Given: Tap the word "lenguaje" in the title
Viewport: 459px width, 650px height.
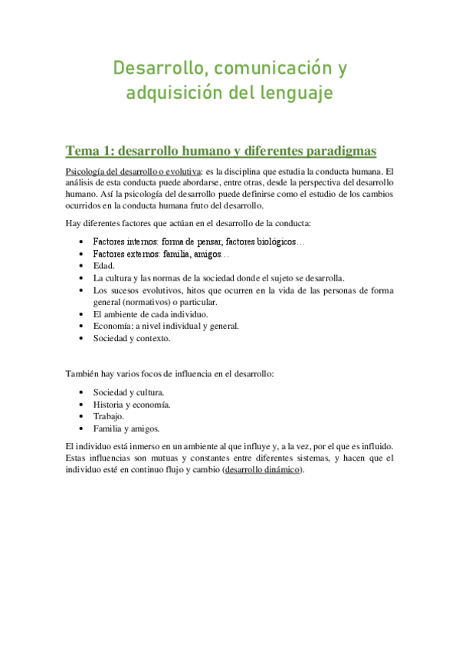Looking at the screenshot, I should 294,94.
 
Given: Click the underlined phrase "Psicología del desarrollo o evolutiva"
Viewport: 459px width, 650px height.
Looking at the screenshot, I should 133,172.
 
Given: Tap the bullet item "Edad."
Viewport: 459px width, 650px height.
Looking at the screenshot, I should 104,265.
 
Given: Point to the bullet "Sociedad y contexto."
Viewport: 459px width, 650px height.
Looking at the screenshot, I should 132,337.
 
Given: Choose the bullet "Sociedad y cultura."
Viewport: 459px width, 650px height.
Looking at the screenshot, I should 128,392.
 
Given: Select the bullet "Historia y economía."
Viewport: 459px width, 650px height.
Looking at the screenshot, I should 132,404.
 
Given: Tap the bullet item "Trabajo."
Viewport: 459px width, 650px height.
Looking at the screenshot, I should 109,416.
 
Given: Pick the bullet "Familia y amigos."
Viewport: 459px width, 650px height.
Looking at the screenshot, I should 126,428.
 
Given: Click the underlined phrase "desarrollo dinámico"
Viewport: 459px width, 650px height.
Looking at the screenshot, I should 261,470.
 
